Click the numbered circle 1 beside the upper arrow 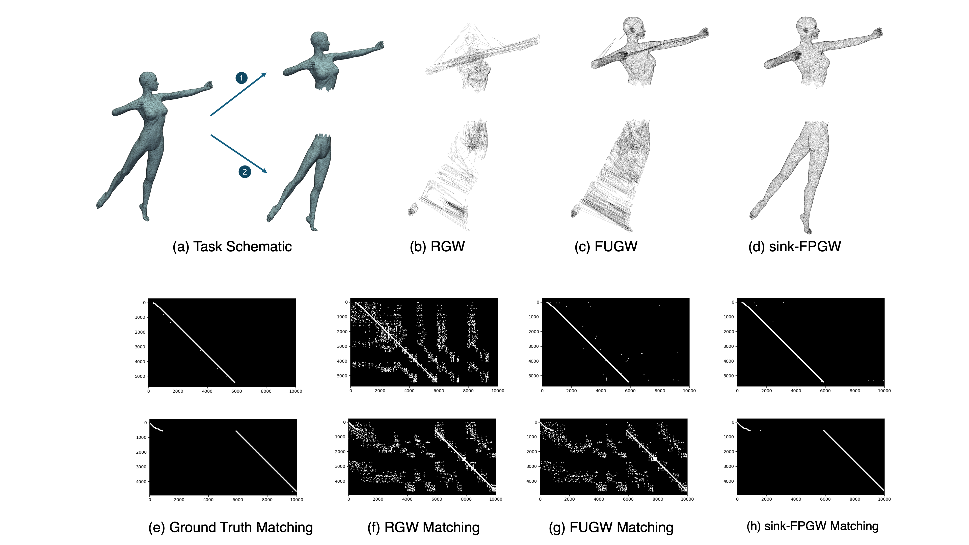coord(241,78)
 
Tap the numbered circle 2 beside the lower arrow coord(245,172)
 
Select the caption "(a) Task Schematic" coord(232,247)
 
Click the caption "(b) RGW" coord(437,247)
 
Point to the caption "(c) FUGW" coord(606,247)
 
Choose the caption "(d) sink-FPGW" coord(794,247)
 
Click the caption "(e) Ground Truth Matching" coord(231,527)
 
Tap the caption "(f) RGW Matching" coord(423,527)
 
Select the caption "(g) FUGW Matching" coord(611,527)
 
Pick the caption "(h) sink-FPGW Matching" coord(813,526)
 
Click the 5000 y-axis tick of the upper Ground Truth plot coord(140,376)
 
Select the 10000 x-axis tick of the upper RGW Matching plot coord(498,391)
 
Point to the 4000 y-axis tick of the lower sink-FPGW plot coord(729,481)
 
